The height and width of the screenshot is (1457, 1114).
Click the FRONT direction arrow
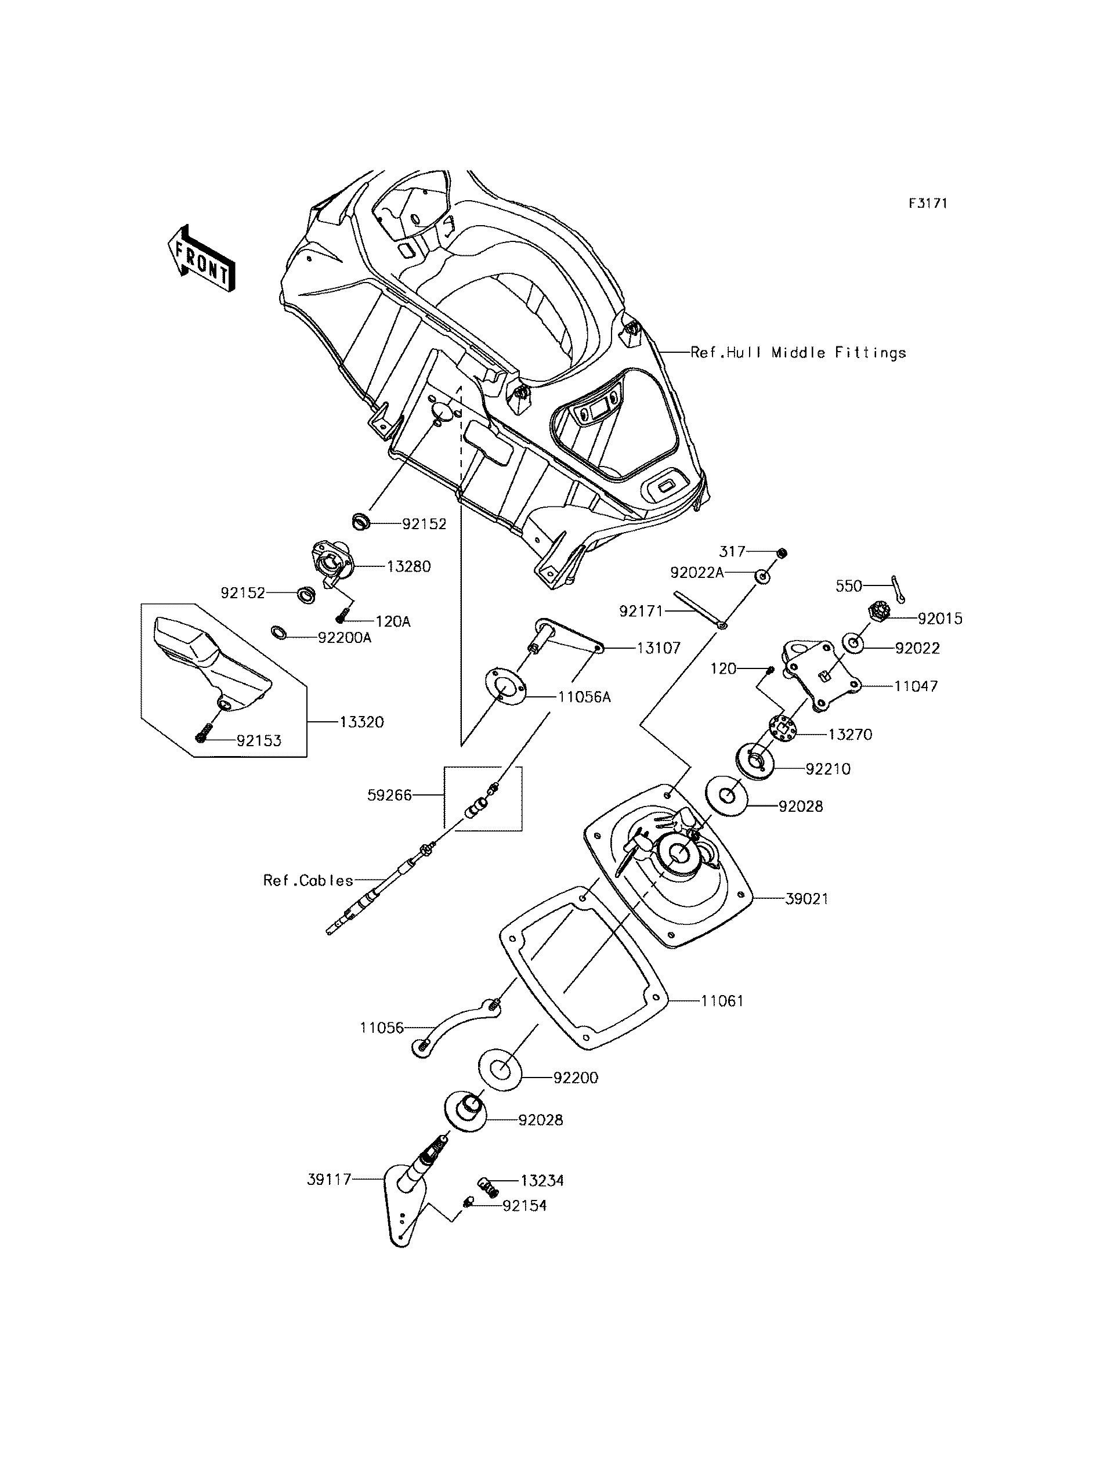pos(200,259)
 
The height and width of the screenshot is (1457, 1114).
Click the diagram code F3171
pos(928,204)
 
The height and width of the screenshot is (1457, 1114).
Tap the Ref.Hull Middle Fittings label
pos(798,353)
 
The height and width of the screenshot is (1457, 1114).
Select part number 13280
pos(408,566)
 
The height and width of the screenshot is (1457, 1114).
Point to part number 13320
pos(362,722)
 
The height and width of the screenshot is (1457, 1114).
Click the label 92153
pos(259,741)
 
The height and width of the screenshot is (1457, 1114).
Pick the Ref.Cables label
pos(308,881)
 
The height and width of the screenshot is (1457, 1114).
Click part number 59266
pos(390,795)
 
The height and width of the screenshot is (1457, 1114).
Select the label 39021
pos(807,899)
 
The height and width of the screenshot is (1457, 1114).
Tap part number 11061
pos(723,1019)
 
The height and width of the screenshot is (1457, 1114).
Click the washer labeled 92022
pos(854,643)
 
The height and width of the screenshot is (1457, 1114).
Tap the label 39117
pos(329,1180)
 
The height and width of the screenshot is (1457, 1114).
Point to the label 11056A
pos(584,697)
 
